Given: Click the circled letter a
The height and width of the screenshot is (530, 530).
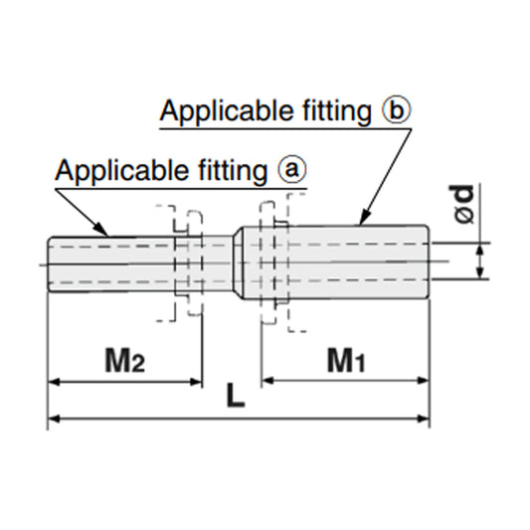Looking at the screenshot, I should coord(290,170).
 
